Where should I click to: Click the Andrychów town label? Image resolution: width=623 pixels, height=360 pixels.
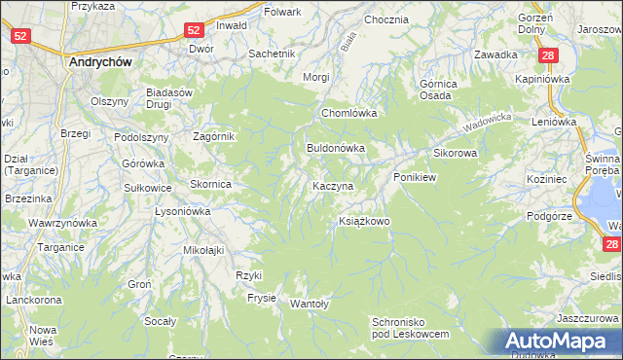pyautogui.click(x=101, y=60)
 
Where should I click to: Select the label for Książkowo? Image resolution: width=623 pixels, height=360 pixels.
pyautogui.click(x=364, y=222)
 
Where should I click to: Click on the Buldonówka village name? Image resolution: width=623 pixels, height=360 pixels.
pyautogui.click(x=336, y=149)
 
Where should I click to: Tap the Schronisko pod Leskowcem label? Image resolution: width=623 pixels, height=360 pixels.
pyautogui.click(x=410, y=327)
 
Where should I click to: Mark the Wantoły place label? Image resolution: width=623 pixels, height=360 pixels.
pyautogui.click(x=311, y=304)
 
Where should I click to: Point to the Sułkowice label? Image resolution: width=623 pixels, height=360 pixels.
pyautogui.click(x=149, y=187)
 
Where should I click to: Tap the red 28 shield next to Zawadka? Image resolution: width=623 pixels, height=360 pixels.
pyautogui.click(x=550, y=56)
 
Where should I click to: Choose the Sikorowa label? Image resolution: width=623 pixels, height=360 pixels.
pyautogui.click(x=455, y=154)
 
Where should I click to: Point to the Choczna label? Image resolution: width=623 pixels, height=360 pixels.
pyautogui.click(x=385, y=19)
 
